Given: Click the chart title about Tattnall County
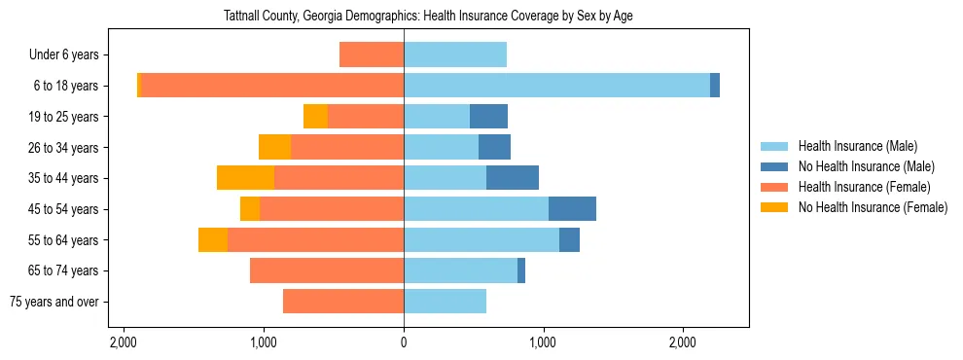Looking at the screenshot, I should (429, 17).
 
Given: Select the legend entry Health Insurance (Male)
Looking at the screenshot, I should (857, 146).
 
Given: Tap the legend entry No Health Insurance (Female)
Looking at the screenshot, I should (873, 207).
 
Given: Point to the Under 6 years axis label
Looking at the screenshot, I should (70, 54).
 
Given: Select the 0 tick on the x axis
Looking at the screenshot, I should (404, 342).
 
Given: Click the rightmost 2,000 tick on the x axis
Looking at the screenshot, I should (683, 342).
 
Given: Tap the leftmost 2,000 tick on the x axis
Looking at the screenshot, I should (124, 342).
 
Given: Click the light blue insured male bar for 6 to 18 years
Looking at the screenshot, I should (556, 86).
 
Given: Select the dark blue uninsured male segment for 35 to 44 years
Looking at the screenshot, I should (513, 178).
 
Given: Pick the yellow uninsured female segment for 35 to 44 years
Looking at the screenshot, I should (245, 178).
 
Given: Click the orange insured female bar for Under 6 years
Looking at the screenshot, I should (372, 54).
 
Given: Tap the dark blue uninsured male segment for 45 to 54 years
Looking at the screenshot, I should (572, 209).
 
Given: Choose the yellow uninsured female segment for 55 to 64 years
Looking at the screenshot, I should (213, 240).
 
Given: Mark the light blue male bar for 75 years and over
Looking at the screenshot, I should (445, 302).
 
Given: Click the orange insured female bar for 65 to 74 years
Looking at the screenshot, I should (327, 270).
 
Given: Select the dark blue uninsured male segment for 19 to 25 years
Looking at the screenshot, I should (488, 117).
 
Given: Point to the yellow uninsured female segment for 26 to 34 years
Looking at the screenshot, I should (274, 147).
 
